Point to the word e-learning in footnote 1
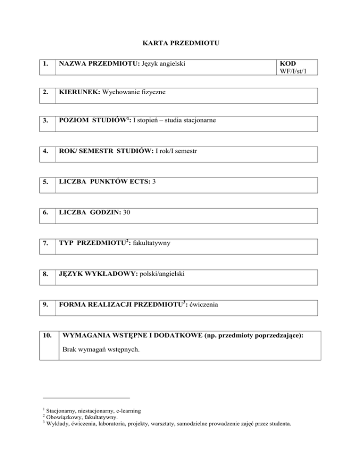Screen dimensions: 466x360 pyautogui.click(x=122, y=411)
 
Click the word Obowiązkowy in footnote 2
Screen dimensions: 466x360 pyautogui.click(x=60, y=417)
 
